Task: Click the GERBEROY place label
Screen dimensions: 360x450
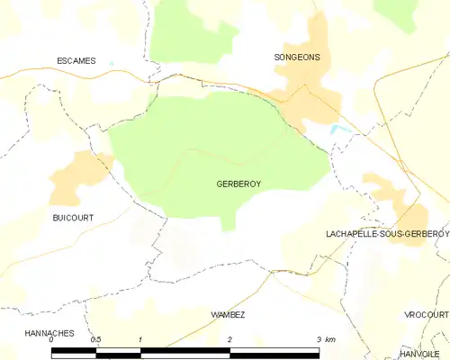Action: (238, 183)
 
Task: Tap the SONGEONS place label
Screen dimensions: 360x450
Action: (297, 57)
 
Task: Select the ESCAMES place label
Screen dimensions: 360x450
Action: (76, 61)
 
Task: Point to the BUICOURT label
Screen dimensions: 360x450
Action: (72, 218)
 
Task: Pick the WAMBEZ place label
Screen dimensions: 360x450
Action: (228, 314)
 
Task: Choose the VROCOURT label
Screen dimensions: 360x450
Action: (426, 315)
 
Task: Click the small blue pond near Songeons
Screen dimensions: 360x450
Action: (339, 130)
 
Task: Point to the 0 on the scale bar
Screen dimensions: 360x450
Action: (52, 339)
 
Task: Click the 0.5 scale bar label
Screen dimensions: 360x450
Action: (95, 339)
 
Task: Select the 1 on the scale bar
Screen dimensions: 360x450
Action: (141, 339)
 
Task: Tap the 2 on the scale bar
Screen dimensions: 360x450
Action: (229, 339)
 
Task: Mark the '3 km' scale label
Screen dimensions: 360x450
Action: (326, 339)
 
